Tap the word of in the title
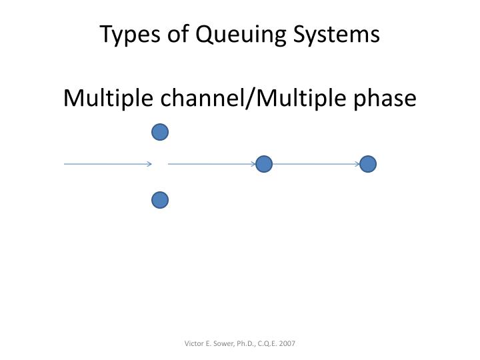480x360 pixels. point(175,34)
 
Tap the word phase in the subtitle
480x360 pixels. point(386,99)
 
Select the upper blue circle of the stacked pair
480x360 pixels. point(160,133)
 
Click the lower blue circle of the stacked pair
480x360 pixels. point(160,200)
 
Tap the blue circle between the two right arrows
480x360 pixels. point(264,164)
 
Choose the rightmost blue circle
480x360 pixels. point(368,164)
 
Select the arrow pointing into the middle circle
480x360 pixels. point(212,164)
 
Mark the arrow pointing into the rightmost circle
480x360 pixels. point(316,164)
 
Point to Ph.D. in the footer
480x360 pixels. point(246,343)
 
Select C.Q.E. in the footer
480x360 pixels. point(269,343)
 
